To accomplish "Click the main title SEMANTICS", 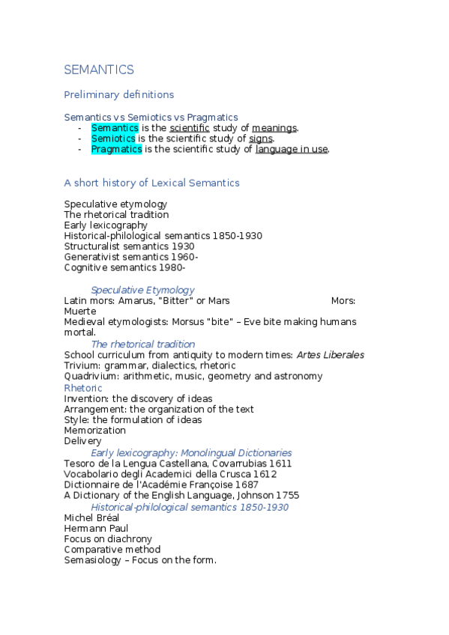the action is click(99, 70).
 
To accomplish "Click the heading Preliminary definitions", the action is click(118, 94).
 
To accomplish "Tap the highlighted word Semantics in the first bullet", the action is click(115, 128).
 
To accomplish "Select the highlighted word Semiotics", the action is click(113, 139).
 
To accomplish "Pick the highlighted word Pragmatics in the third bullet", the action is click(116, 149).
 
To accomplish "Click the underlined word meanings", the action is click(274, 128).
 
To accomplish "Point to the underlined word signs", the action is click(261, 139).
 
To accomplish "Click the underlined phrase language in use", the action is click(292, 149).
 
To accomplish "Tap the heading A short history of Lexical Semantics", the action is click(151, 183).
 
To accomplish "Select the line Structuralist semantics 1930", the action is click(129, 246).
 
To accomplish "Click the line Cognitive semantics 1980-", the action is click(124, 267).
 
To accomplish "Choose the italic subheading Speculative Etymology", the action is click(142, 290).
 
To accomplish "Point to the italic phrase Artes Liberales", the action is click(330, 355).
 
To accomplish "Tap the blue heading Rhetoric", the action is click(83, 388).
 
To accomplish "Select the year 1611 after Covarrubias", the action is click(279, 464).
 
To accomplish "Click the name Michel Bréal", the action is click(92, 517).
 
